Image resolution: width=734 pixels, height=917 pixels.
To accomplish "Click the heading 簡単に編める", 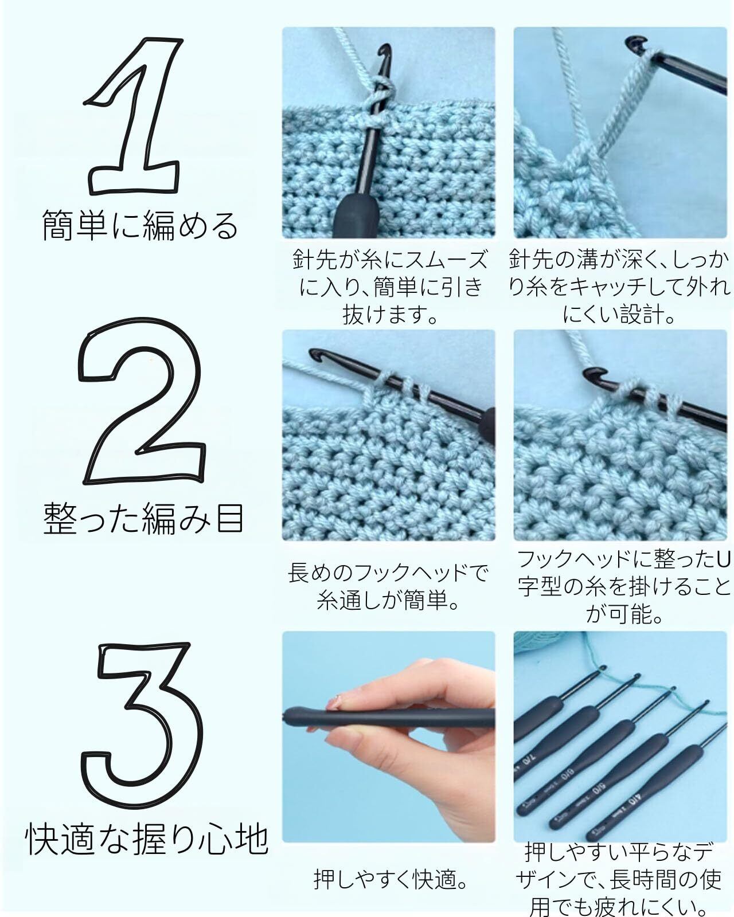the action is point(140,225).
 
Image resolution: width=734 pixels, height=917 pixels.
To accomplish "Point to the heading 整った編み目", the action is point(143,519).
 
